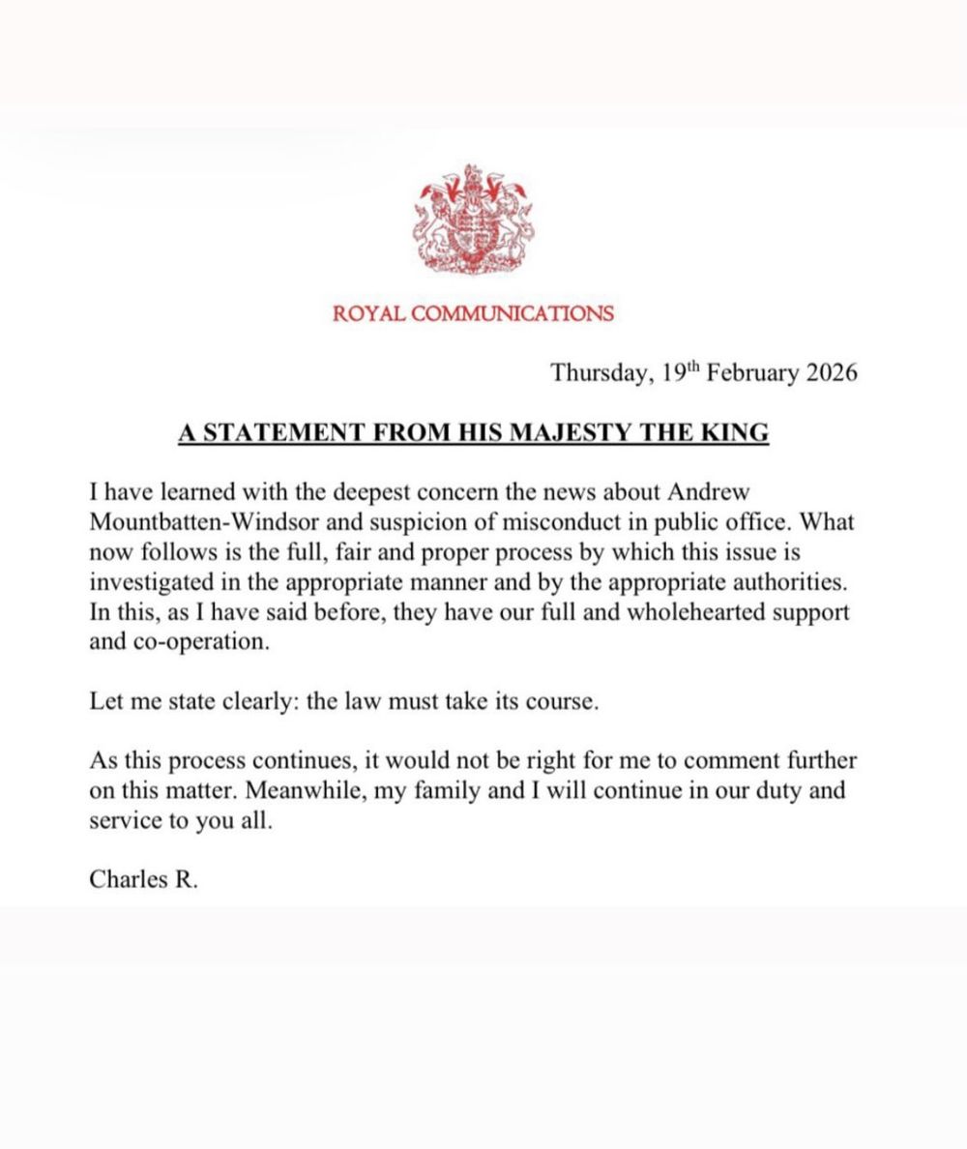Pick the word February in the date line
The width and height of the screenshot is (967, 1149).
[x=751, y=373]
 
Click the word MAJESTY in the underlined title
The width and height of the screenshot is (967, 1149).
[x=571, y=431]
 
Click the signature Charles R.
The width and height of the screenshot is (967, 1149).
[x=143, y=879]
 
